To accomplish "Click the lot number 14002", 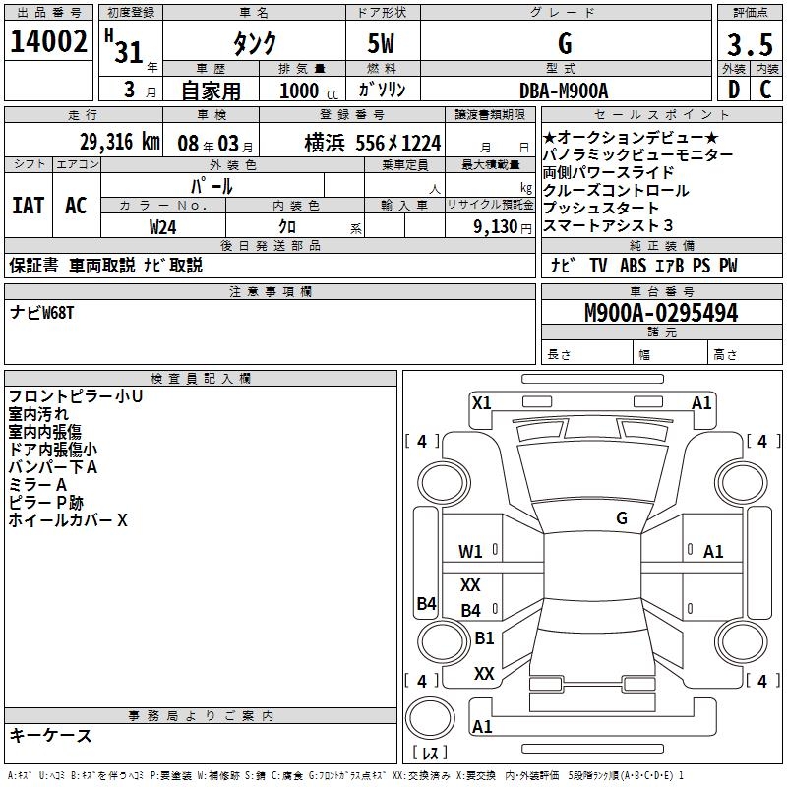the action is click(48, 42).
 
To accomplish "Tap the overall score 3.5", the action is click(749, 45).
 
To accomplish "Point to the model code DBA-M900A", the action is click(564, 90).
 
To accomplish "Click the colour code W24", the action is click(163, 225).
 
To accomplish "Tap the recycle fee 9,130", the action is click(505, 225).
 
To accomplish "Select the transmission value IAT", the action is click(29, 205).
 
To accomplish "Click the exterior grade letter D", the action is click(733, 90).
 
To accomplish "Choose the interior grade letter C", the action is click(765, 90).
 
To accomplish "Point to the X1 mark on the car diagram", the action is click(481, 401).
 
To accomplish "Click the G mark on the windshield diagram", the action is click(622, 517).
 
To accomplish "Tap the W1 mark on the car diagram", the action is click(471, 551).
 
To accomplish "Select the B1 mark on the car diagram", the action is click(484, 637).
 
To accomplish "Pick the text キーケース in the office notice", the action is click(50, 735).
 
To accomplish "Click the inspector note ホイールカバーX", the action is click(68, 520).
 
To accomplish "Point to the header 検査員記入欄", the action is click(201, 378).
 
